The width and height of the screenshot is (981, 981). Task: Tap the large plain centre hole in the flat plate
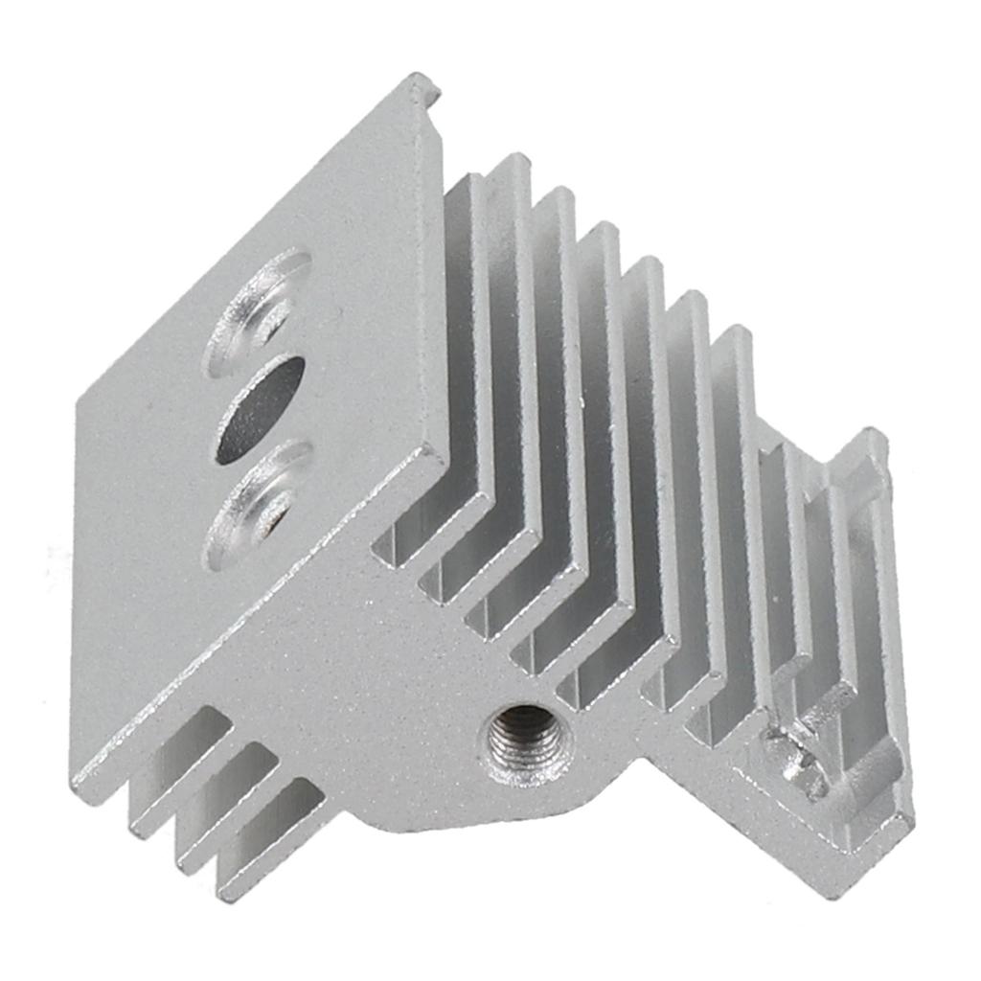point(260,409)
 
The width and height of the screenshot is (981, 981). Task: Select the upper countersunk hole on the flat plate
point(259,308)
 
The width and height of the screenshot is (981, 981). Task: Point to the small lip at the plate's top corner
point(424,88)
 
